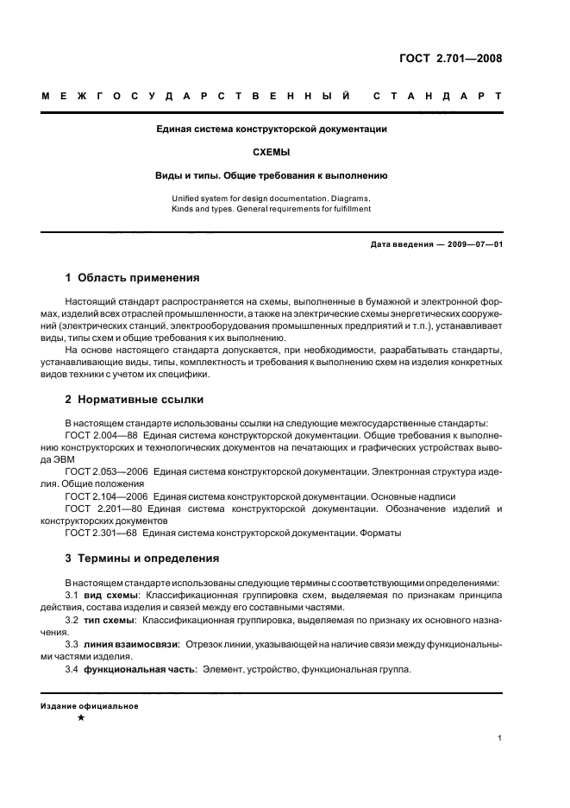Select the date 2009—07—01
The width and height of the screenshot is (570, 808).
point(473,244)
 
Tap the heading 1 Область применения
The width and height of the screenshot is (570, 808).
point(132,278)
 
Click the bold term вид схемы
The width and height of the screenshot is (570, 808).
point(109,597)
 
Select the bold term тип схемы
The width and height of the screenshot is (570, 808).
point(109,621)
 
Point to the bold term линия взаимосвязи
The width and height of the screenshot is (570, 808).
point(128,645)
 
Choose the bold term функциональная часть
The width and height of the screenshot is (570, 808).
point(140,669)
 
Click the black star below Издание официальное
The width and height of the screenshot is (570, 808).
point(81,718)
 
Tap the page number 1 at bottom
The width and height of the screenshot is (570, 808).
point(500,738)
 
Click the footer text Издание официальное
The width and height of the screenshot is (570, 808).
point(90,705)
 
